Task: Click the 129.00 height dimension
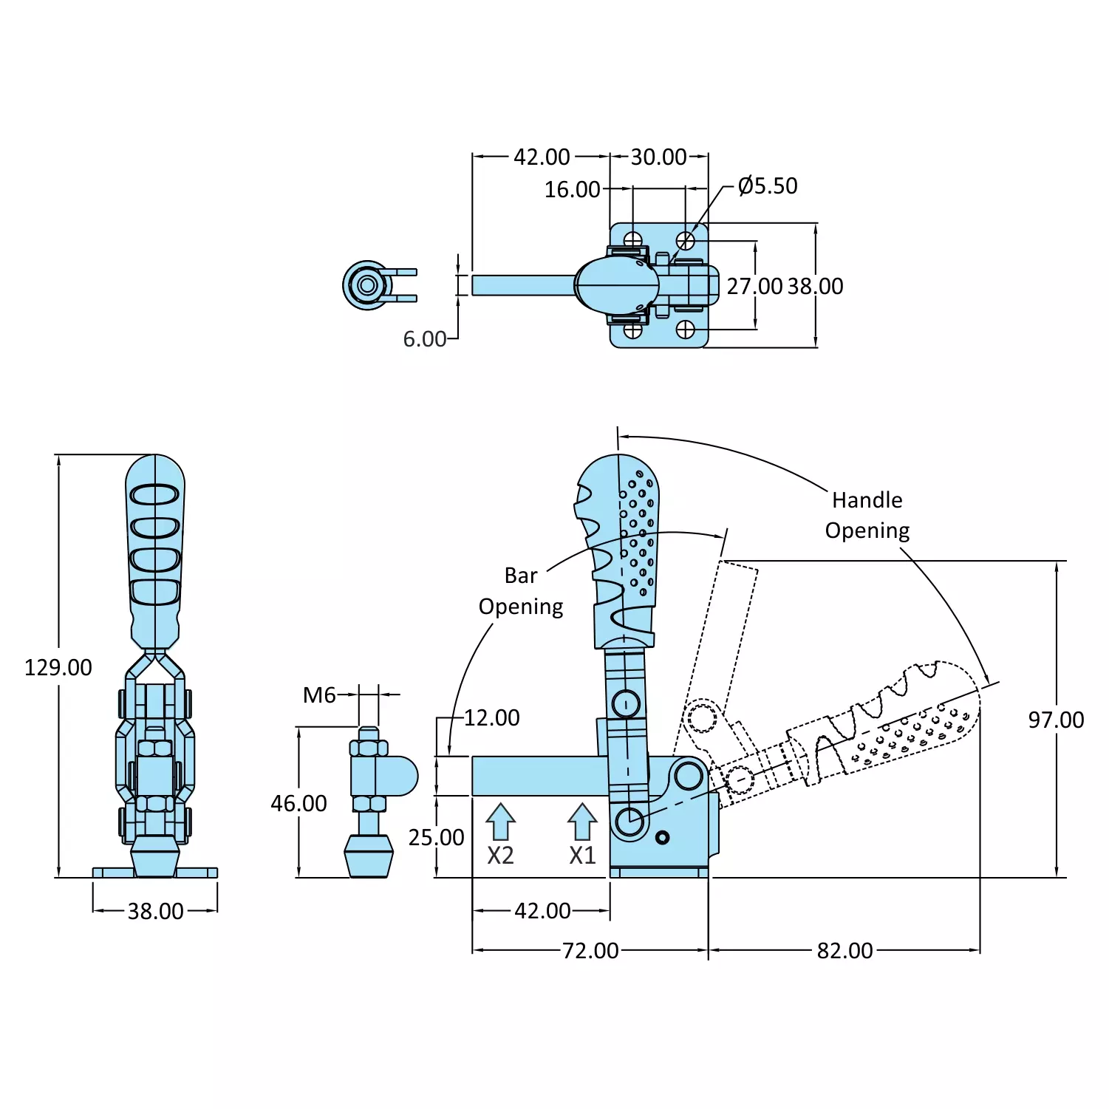tap(58, 667)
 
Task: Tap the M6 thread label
tap(319, 695)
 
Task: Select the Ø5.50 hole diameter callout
tap(768, 185)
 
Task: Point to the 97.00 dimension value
tap(1056, 720)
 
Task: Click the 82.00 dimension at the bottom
tap(844, 950)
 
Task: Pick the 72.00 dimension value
tap(590, 950)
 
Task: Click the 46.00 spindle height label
tap(298, 803)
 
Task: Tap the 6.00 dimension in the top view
tap(425, 338)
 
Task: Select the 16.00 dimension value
tap(572, 189)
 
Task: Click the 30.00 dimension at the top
tap(658, 157)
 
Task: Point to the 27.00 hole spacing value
tap(754, 286)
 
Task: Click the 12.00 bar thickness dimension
tap(491, 717)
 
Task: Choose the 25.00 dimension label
tap(437, 837)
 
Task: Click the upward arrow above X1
tap(582, 821)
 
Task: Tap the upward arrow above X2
tap(500, 821)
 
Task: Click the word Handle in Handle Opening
tap(867, 500)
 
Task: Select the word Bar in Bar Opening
tap(521, 576)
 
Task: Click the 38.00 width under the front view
tap(155, 911)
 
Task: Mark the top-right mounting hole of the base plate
tap(686, 240)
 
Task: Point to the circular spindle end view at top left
tap(367, 285)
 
